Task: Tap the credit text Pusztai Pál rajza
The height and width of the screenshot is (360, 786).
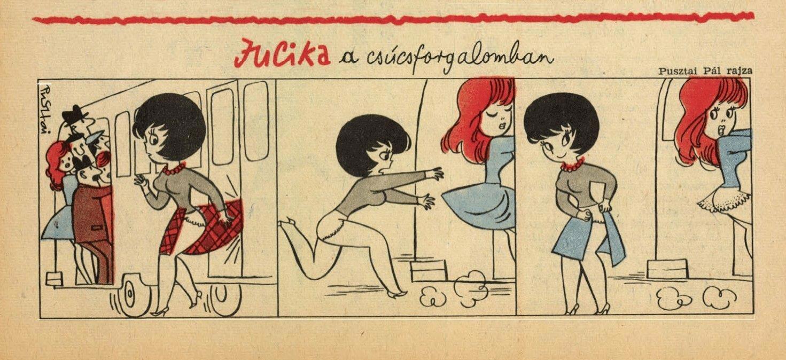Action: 705,71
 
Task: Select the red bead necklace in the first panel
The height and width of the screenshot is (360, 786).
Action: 174,169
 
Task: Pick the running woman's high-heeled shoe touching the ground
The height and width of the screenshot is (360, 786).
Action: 398,294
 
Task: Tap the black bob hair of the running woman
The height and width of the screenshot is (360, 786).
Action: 372,144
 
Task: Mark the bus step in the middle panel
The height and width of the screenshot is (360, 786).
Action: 429,270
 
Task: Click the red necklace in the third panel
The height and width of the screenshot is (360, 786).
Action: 573,165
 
